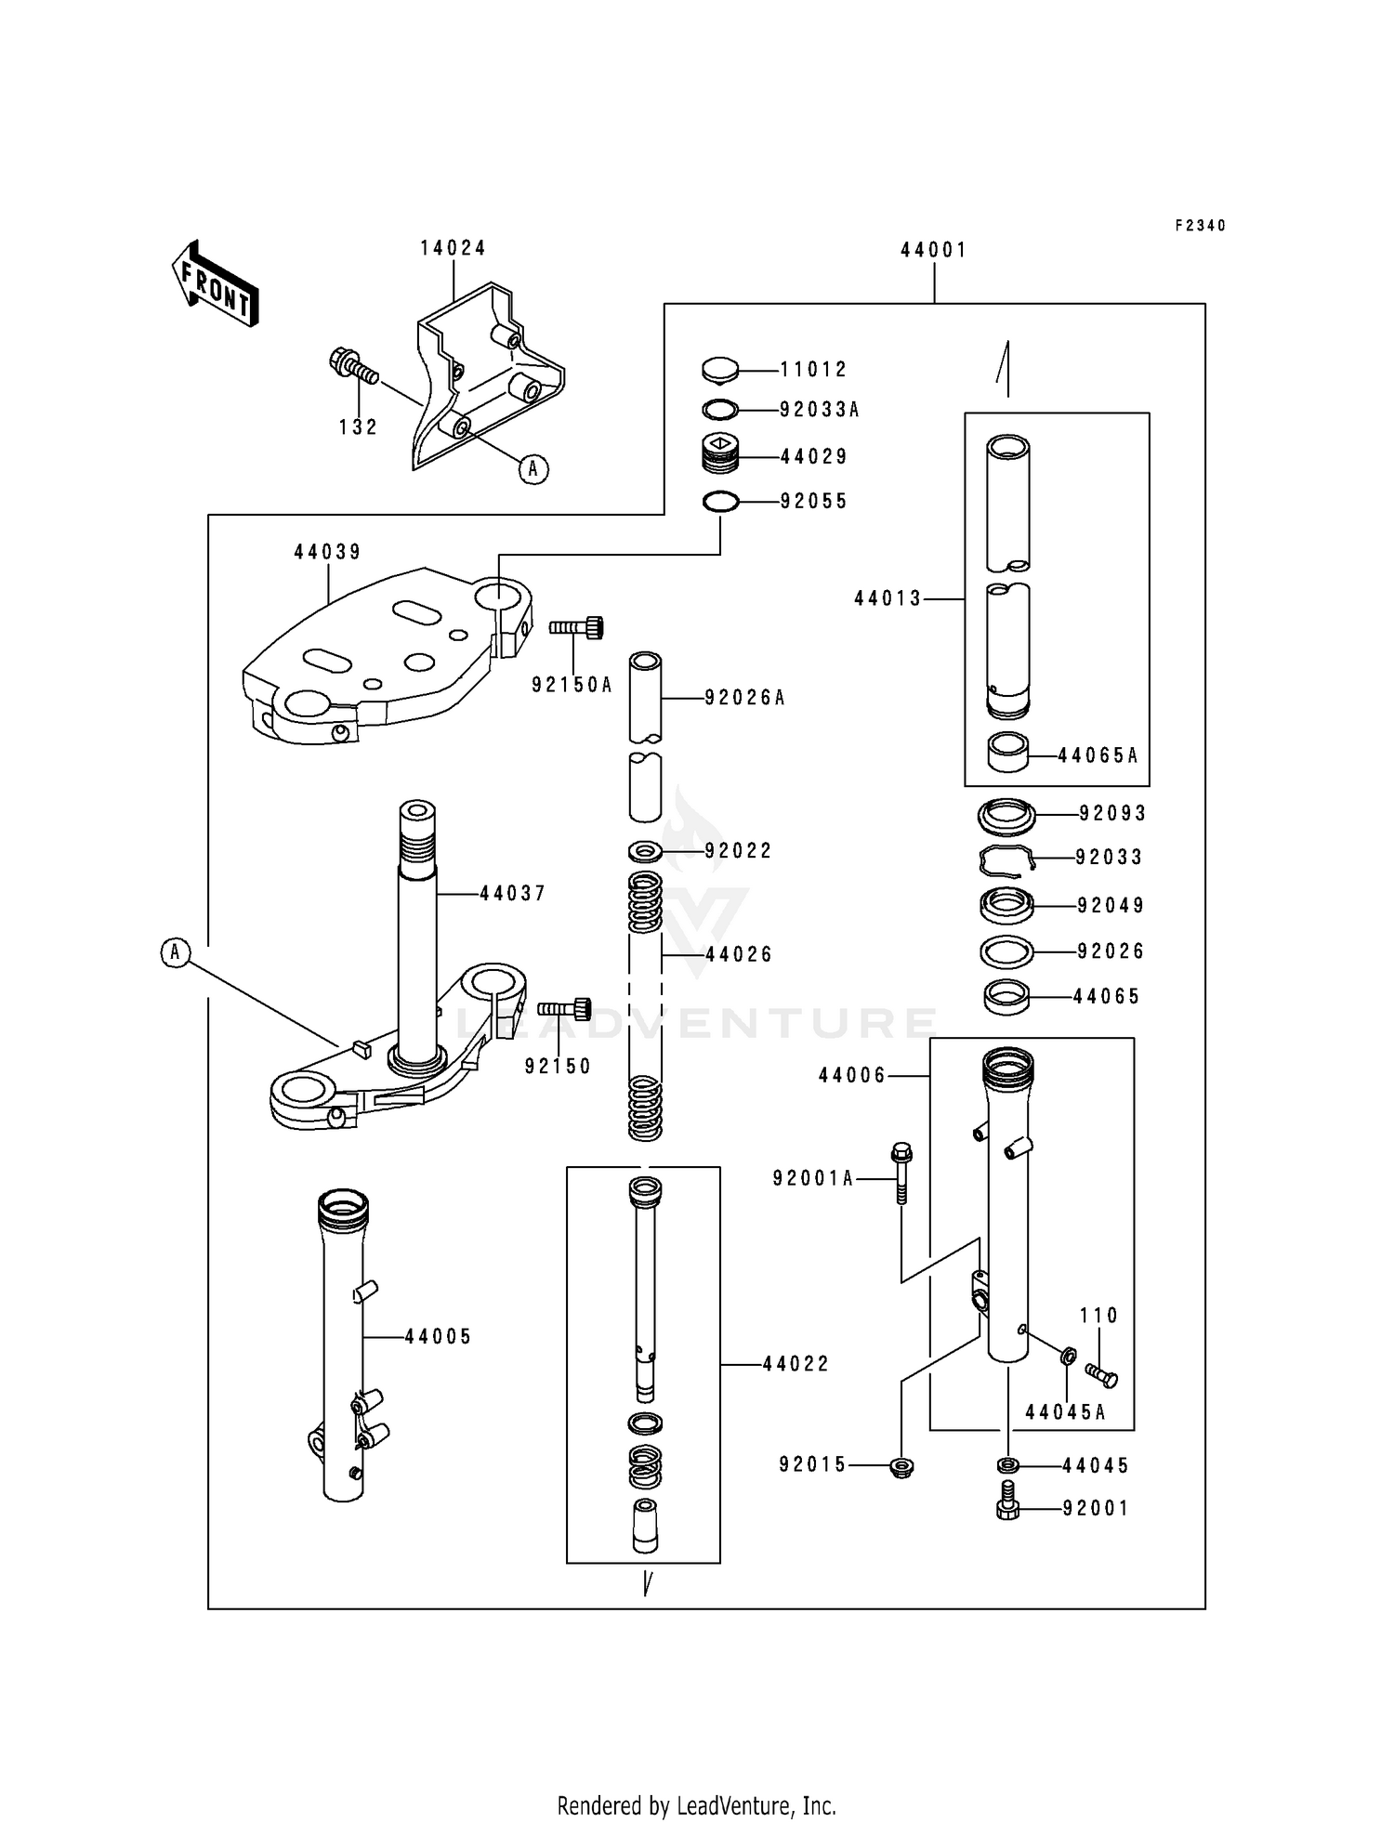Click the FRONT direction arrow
[x=215, y=284]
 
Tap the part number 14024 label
[x=453, y=248]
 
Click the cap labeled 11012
[x=719, y=370]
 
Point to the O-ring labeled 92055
[x=720, y=502]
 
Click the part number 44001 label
[x=933, y=250]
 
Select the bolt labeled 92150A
[x=577, y=628]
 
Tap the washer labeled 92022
[x=645, y=850]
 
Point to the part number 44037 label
[x=512, y=893]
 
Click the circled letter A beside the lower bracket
[x=175, y=952]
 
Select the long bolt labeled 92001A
[x=900, y=1174]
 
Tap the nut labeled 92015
[x=901, y=1467]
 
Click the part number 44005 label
[x=438, y=1336]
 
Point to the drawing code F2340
[x=1200, y=226]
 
